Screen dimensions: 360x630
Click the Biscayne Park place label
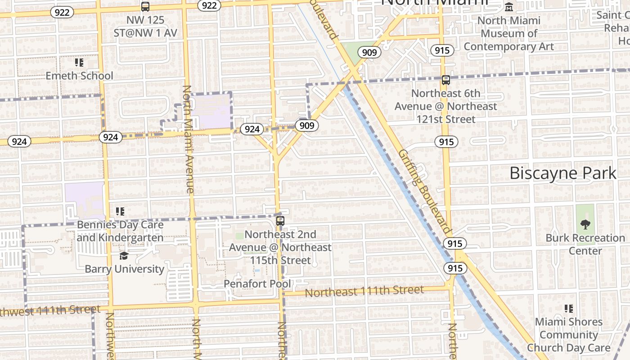pyautogui.click(x=562, y=173)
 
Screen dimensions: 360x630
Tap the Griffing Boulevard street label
pyautogui.click(x=424, y=191)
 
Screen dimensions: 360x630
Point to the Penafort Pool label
pyautogui.click(x=257, y=284)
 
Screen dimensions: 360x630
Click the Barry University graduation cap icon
pyautogui.click(x=124, y=256)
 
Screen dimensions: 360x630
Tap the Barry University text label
pyautogui.click(x=125, y=269)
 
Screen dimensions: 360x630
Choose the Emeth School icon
pyautogui.click(x=79, y=63)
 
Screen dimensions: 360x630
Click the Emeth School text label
pyautogui.click(x=79, y=76)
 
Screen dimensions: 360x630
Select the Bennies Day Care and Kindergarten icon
pyautogui.click(x=120, y=211)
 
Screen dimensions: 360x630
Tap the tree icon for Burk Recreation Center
pyautogui.click(x=585, y=224)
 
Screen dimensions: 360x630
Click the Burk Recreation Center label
pyautogui.click(x=585, y=244)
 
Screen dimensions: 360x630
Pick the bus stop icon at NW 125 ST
pyautogui.click(x=145, y=7)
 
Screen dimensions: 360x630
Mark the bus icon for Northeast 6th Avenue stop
pyautogui.click(x=445, y=80)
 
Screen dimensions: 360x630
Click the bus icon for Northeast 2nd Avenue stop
pyautogui.click(x=280, y=221)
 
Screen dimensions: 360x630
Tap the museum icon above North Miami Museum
pyautogui.click(x=509, y=7)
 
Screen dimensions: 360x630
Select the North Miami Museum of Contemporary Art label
pyautogui.click(x=509, y=34)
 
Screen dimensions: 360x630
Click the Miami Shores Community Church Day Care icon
pyautogui.click(x=569, y=309)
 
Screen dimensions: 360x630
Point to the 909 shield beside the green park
pyautogui.click(x=369, y=53)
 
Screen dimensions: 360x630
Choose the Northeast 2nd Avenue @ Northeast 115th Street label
pyautogui.click(x=280, y=247)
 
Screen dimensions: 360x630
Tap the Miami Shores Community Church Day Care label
pyautogui.click(x=569, y=335)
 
